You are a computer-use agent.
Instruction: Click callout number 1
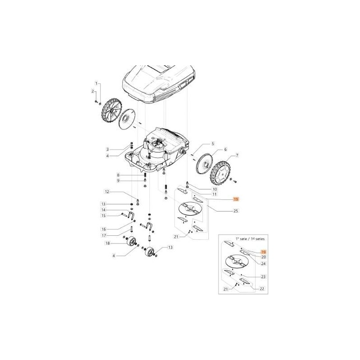(x=96, y=84)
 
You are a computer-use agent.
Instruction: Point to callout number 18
(x=108, y=243)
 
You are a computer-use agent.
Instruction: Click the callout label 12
(x=108, y=192)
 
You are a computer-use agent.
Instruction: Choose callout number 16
(x=103, y=229)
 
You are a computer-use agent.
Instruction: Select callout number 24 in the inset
(x=263, y=263)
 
